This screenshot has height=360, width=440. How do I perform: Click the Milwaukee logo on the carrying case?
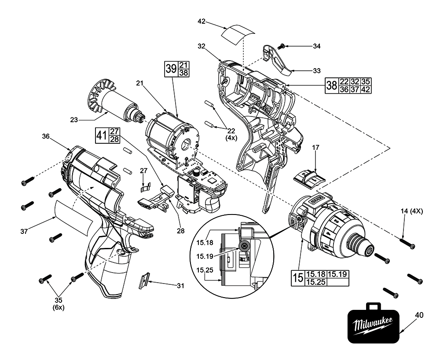click(373, 326)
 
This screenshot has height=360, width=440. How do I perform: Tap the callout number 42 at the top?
click(202, 21)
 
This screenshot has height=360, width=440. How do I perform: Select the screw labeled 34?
click(282, 46)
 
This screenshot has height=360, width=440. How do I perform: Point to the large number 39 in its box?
click(171, 69)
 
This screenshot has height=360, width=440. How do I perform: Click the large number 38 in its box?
click(331, 85)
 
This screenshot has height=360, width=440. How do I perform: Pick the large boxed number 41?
click(101, 135)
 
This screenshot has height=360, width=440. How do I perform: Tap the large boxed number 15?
click(297, 278)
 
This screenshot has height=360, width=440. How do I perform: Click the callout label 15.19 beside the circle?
click(205, 256)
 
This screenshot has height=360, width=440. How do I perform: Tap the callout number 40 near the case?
click(419, 315)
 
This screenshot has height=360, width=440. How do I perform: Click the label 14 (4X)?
click(412, 211)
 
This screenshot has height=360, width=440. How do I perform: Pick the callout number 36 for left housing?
click(45, 136)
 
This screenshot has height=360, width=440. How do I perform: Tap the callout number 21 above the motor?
click(140, 83)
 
